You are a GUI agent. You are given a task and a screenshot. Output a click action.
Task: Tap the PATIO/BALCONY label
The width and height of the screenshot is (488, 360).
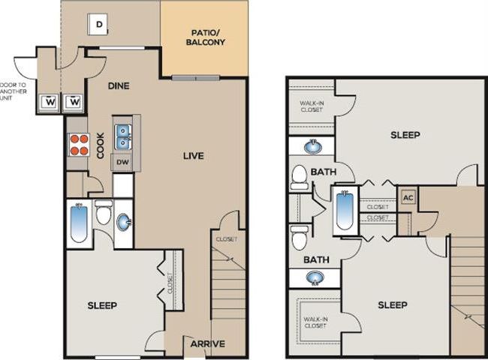205,37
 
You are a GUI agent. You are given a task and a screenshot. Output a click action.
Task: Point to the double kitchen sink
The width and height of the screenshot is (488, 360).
123,137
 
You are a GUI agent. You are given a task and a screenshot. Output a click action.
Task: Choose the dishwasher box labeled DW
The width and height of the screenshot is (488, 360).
123,161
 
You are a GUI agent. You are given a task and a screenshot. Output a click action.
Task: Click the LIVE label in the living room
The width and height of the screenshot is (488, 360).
193,156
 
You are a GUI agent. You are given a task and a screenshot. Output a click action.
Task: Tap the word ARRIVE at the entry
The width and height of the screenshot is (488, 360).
207,344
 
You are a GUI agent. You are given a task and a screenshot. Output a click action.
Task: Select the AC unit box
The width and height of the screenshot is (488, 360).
409,197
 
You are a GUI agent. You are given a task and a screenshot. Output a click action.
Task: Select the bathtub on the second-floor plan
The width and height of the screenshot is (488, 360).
344,210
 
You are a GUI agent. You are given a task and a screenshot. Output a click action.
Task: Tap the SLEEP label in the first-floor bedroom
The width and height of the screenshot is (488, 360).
102,305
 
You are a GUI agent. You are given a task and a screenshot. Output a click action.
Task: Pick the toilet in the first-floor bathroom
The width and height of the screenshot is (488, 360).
104,211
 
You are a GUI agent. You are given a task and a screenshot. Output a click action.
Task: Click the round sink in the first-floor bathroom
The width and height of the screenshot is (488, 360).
123,223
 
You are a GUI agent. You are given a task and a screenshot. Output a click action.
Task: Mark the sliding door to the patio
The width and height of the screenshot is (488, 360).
195,77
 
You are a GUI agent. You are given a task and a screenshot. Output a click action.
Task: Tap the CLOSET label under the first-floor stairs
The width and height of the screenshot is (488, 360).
226,239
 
